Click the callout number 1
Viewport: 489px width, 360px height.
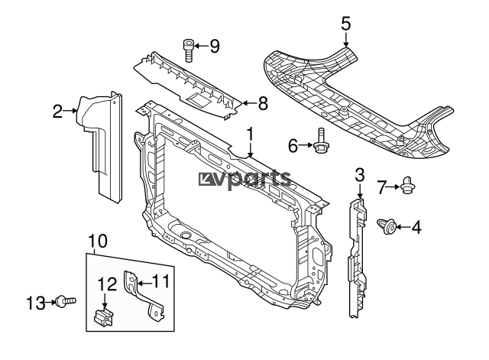coord(251,135)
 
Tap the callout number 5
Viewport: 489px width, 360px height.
coord(346,24)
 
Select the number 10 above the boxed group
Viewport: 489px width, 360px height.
coord(98,241)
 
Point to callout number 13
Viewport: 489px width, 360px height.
coord(36,303)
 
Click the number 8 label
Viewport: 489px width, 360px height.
coord(263,103)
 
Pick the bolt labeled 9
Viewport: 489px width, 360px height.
coord(188,50)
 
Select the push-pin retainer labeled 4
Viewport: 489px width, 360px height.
coord(387,226)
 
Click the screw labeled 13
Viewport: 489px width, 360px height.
coord(66,301)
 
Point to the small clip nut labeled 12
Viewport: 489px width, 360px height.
coord(104,316)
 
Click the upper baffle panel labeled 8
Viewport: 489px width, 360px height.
coord(188,85)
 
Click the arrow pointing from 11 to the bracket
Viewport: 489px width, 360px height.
coord(144,284)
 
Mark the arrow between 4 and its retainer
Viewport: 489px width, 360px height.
coord(403,227)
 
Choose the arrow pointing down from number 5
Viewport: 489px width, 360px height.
coord(346,40)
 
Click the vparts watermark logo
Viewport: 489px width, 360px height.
coord(244,180)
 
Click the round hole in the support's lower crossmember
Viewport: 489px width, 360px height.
coord(186,235)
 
